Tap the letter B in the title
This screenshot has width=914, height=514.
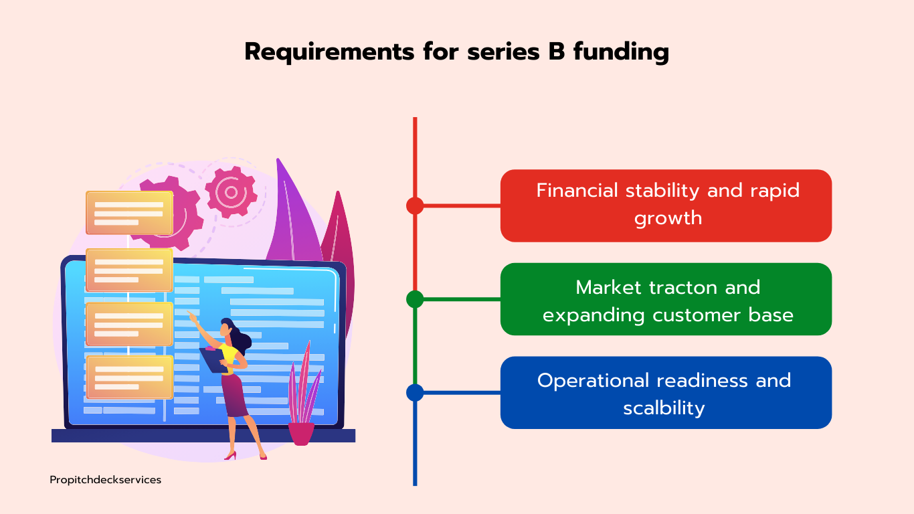coord(557,52)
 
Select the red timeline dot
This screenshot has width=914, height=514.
coord(415,205)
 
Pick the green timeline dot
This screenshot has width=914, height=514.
coord(415,299)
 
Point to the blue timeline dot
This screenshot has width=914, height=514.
coord(415,392)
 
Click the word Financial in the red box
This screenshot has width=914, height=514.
coord(577,191)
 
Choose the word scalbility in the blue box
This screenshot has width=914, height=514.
coord(664,408)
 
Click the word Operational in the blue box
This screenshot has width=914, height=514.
coord(593,381)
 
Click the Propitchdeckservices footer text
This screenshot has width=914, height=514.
coord(105,480)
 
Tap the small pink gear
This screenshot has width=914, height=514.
coord(231,192)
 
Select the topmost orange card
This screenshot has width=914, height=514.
coord(129,213)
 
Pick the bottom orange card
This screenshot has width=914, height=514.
coord(129,377)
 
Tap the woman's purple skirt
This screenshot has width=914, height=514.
coord(234,395)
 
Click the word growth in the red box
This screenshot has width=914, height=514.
coord(668,218)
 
